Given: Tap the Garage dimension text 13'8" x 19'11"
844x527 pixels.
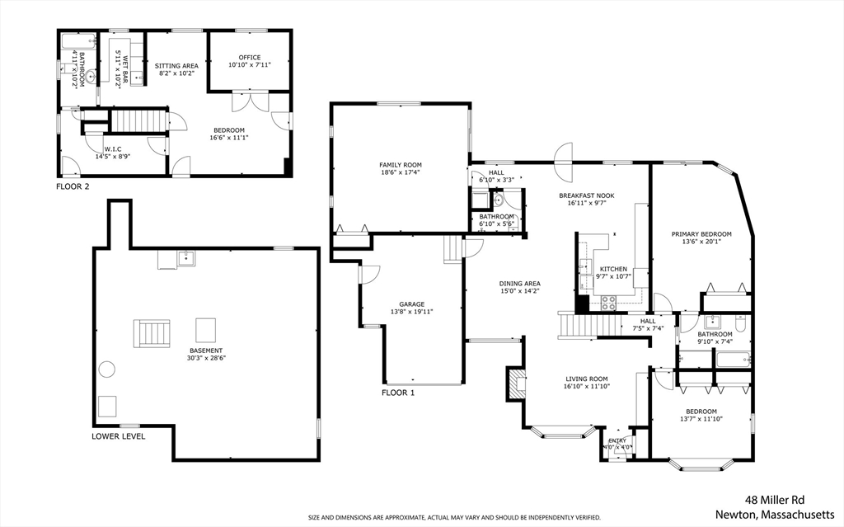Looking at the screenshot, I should pyautogui.click(x=411, y=312).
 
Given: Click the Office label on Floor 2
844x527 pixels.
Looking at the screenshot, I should pyautogui.click(x=250, y=58).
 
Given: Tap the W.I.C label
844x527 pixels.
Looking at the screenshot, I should pyautogui.click(x=112, y=149).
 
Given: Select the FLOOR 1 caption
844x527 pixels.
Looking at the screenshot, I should pyautogui.click(x=398, y=393).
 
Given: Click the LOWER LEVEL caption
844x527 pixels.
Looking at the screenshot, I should pyautogui.click(x=119, y=436).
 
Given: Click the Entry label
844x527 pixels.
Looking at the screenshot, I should pyautogui.click(x=617, y=440).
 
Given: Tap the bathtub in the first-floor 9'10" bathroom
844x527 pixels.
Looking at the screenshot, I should pyautogui.click(x=733, y=360).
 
